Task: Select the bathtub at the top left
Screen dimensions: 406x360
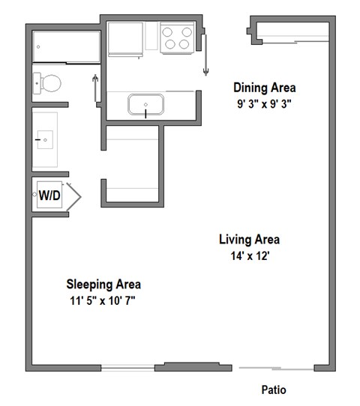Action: click(x=67, y=47)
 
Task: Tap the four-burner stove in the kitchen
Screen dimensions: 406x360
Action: click(x=176, y=37)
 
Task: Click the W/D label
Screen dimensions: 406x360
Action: click(x=49, y=196)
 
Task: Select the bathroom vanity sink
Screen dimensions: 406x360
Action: click(x=46, y=139)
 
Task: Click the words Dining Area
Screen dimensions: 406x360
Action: click(x=264, y=88)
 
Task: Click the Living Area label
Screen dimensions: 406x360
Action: click(x=250, y=240)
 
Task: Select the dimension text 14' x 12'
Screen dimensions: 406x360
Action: click(x=249, y=257)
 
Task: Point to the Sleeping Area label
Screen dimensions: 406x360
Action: click(x=103, y=284)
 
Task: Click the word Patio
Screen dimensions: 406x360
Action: click(x=273, y=390)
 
